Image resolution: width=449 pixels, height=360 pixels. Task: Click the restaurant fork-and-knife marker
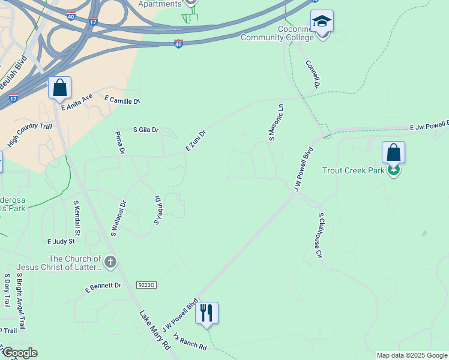coord(206,313)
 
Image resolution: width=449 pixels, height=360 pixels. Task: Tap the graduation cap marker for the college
coord(322,22)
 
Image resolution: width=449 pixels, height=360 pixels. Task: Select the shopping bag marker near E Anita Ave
coord(60,88)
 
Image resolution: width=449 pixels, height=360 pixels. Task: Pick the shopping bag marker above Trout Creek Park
coord(393,152)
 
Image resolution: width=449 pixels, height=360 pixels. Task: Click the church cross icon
coord(110,262)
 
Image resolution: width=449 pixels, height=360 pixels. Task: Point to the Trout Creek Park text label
coord(353,171)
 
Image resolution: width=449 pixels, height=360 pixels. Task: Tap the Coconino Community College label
coord(277,33)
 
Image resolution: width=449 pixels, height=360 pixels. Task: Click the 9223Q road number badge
coord(146,285)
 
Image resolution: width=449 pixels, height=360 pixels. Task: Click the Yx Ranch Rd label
coord(189,343)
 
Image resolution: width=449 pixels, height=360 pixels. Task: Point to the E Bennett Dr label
coord(103,288)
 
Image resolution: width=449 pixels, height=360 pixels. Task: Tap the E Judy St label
coord(61,241)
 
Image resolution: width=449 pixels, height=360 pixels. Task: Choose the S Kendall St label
coord(77,218)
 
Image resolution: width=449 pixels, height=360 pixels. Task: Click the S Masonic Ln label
coord(276,122)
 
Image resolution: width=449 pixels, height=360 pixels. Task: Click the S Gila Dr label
coord(146,130)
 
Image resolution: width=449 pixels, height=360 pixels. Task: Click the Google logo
coord(20,353)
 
